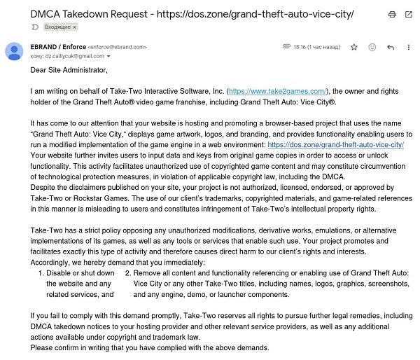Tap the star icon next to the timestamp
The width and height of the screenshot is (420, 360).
(x=354, y=47)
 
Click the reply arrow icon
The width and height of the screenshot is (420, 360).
(x=390, y=47)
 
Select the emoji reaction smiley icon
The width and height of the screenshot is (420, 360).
(x=372, y=47)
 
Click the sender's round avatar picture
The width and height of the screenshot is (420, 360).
(x=14, y=51)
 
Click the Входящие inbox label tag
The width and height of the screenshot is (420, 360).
(x=60, y=27)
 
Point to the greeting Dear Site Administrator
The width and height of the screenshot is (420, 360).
(x=69, y=70)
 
